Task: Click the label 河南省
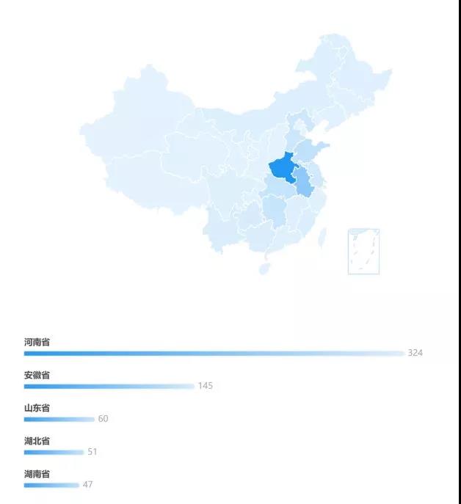[37, 342]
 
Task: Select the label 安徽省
[37, 375]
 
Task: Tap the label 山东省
[37, 408]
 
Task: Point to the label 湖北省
[37, 441]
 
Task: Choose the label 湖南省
[37, 474]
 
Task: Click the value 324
[415, 353]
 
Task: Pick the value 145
[205, 386]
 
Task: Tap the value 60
[103, 419]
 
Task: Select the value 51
[92, 452]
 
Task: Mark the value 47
[87, 485]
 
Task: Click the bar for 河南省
[213, 353]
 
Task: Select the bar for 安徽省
[109, 386]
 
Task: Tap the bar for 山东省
[59, 419]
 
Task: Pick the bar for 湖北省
[54, 452]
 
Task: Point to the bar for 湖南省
[51, 485]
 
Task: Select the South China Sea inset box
[363, 251]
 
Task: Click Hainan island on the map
[264, 269]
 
